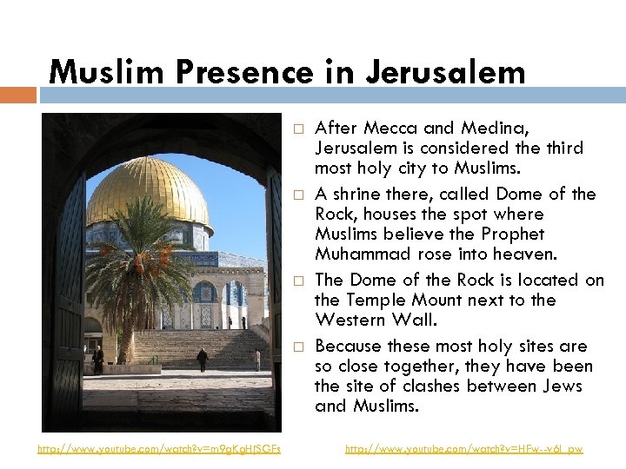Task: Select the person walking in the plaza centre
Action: tap(203, 359)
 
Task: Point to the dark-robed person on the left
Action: tap(98, 359)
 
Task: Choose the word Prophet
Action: tap(513, 234)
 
